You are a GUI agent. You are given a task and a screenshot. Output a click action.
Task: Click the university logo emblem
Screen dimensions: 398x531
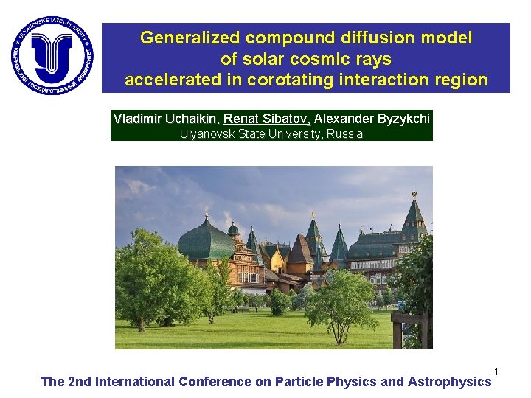coord(52,54)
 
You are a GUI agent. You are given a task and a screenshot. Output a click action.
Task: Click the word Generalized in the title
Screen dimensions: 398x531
coord(190,37)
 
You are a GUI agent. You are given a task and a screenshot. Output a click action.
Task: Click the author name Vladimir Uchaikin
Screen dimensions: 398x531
coord(166,119)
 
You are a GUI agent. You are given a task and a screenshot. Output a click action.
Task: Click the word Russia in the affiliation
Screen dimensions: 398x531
coord(344,134)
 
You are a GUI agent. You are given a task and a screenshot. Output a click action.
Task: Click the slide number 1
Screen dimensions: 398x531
coord(497,371)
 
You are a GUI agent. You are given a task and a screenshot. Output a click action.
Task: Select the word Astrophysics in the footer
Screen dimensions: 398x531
coord(449,382)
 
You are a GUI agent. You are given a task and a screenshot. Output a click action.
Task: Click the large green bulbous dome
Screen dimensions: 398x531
coord(206,240)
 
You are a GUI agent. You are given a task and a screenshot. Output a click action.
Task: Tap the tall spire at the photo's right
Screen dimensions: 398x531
coord(414,214)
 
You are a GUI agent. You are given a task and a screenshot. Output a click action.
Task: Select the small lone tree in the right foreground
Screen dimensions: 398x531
coord(341,302)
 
